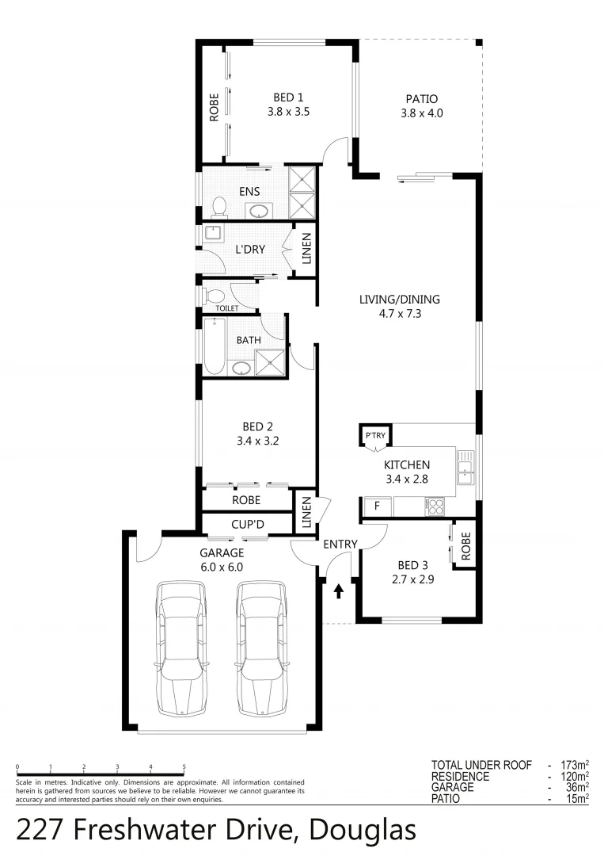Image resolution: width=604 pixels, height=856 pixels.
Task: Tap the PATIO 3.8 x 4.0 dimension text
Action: pyautogui.click(x=421, y=113)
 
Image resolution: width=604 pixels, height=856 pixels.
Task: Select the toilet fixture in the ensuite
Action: pyautogui.click(x=219, y=206)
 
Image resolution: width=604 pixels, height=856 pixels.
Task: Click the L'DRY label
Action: pyautogui.click(x=249, y=250)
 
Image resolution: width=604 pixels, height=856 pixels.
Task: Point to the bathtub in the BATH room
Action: pyautogui.click(x=215, y=347)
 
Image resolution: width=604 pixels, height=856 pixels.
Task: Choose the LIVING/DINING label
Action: pyautogui.click(x=399, y=300)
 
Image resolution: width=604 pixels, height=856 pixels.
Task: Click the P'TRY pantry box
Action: pyautogui.click(x=373, y=436)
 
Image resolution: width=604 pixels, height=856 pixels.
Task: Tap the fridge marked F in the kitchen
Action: pyautogui.click(x=376, y=505)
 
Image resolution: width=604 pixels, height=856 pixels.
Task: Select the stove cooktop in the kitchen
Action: pyautogui.click(x=434, y=506)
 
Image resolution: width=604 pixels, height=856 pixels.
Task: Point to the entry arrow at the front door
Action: pyautogui.click(x=340, y=590)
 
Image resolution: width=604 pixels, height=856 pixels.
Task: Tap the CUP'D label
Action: pyautogui.click(x=248, y=524)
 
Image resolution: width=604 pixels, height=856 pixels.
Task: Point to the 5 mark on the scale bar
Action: pyautogui.click(x=184, y=767)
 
